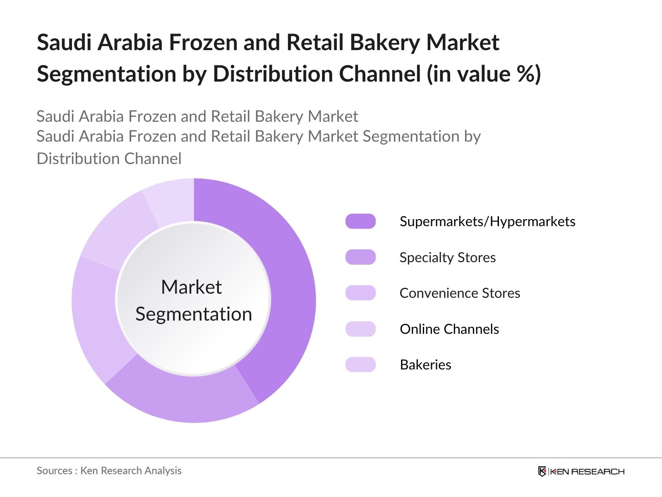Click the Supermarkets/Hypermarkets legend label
tap(487, 222)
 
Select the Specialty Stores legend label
tap(447, 258)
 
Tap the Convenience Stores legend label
tap(460, 293)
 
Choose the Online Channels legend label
tap(449, 329)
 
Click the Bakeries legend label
tap(425, 365)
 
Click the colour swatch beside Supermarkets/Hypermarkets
tap(360, 222)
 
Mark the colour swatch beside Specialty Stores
tap(360, 258)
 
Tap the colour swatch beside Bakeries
tap(360, 365)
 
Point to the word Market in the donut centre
tap(191, 287)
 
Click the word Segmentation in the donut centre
tap(194, 314)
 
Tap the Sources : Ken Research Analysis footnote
tap(109, 471)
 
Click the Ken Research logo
tap(581, 471)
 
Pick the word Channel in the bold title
tap(380, 74)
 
